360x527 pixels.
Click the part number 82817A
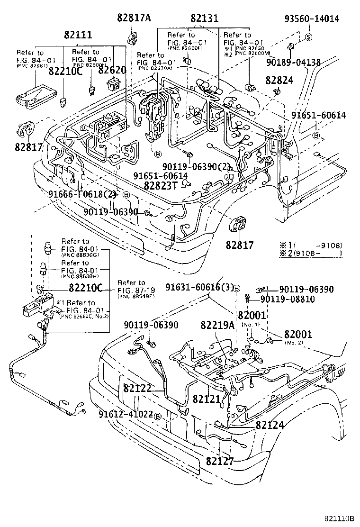click(x=134, y=18)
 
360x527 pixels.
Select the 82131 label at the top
click(x=204, y=18)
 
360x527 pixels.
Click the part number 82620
click(x=112, y=71)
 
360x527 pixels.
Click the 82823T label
click(x=161, y=186)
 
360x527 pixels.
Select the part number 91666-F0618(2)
click(x=81, y=194)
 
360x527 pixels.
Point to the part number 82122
click(x=137, y=388)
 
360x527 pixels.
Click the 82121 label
click(x=207, y=400)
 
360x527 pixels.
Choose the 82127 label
click(x=220, y=460)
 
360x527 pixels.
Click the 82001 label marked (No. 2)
click(x=298, y=335)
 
